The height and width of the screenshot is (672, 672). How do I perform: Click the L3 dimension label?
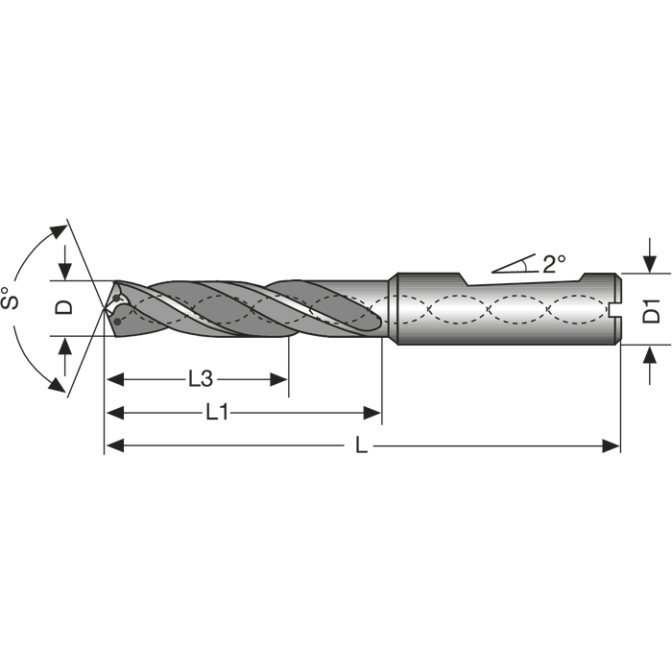coord(201,379)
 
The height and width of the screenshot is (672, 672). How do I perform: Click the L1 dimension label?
coord(217,413)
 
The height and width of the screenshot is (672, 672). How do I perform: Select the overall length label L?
coord(361,446)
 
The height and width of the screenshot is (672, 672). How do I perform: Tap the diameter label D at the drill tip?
coord(64,307)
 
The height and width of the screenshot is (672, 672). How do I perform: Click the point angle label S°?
coord(10,298)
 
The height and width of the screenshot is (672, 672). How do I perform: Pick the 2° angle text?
coord(554,264)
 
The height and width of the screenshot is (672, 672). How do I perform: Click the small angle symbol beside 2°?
coord(515,264)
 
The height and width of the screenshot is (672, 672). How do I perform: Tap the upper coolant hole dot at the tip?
coord(116,299)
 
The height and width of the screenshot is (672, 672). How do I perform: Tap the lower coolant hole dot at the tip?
coord(117,321)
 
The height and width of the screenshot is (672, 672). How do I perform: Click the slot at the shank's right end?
coord(614,309)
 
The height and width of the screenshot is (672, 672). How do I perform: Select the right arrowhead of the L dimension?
coord(612,446)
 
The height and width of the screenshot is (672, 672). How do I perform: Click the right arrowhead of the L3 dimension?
coord(278,379)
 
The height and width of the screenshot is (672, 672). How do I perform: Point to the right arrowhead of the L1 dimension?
coord(372,413)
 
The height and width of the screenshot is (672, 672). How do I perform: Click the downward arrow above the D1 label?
coord(650,255)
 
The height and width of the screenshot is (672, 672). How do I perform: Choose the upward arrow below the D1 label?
coord(650,365)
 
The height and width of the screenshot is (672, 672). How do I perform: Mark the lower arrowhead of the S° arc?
coord(58,385)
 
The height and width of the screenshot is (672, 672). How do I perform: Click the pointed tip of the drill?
coord(104,308)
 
